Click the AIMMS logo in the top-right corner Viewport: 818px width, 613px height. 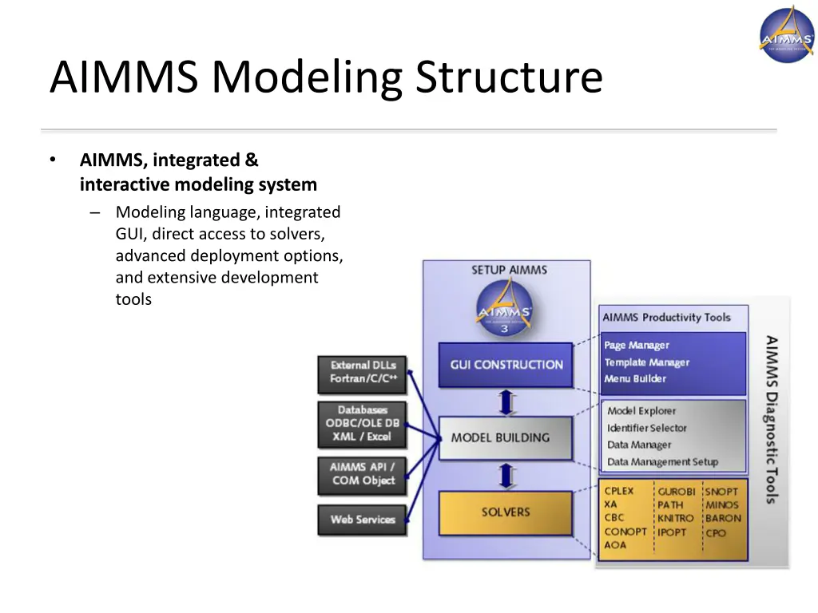786,34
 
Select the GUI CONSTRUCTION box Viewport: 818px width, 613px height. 506,365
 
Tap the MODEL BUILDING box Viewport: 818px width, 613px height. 505,437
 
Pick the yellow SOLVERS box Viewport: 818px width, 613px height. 505,512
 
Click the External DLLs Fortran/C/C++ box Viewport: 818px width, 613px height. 363,372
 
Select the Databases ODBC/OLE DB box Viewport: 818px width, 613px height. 363,424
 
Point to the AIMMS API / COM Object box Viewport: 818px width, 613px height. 363,473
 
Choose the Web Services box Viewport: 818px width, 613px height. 363,520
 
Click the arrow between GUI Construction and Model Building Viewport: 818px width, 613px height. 506,401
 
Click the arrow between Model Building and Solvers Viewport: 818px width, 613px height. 506,476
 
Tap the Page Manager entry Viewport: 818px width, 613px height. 637,346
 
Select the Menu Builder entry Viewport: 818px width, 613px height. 635,379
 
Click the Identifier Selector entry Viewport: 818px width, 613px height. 646,429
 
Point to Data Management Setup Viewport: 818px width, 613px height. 662,462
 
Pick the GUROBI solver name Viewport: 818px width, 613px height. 676,492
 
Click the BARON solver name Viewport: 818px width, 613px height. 723,519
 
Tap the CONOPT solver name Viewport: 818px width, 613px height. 625,532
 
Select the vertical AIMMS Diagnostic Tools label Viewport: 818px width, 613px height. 771,420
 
